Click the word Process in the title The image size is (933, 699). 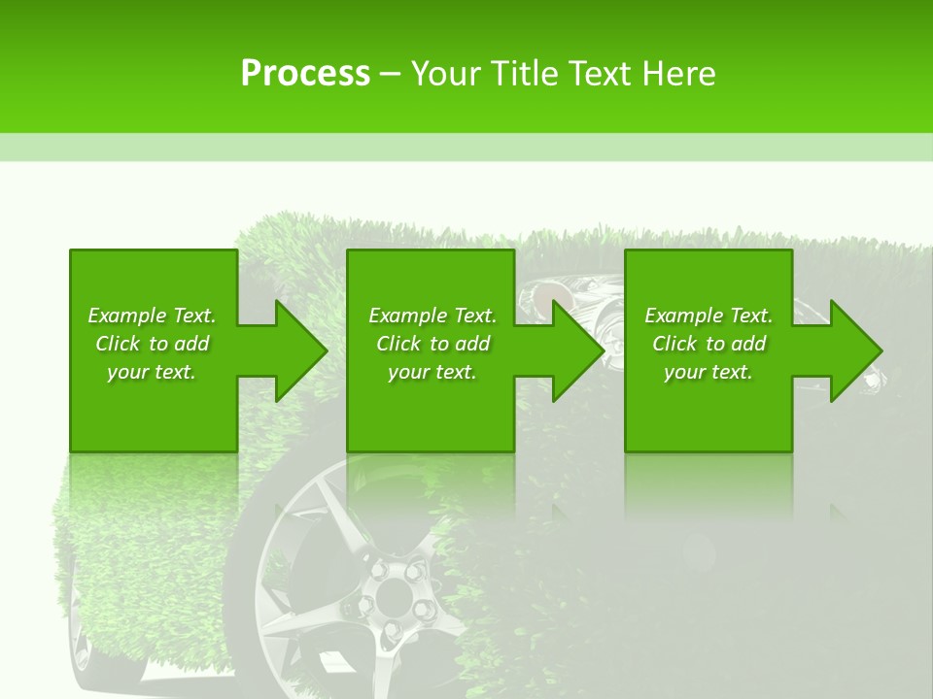(x=305, y=74)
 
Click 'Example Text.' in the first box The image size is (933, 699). (x=152, y=316)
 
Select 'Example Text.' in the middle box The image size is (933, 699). (x=432, y=316)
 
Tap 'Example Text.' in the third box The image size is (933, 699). (x=708, y=316)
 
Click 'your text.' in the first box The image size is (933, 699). (x=152, y=372)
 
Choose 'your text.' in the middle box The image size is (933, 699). (x=432, y=372)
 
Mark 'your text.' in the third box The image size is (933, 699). (x=708, y=372)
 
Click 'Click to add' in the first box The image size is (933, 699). (x=152, y=344)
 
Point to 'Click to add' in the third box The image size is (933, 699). (x=708, y=344)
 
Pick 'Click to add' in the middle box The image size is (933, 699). (x=432, y=344)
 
